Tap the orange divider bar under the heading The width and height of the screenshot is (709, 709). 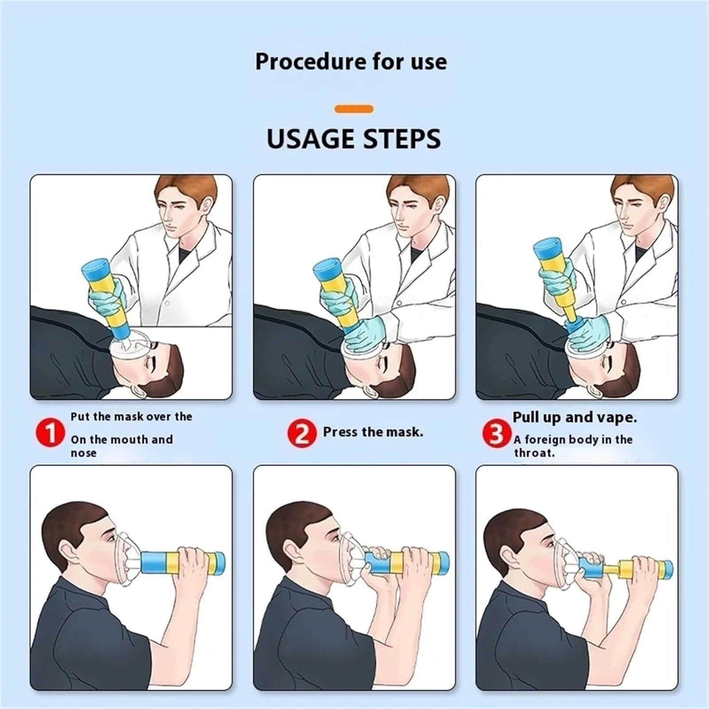point(354,109)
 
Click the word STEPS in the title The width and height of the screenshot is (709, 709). point(402,139)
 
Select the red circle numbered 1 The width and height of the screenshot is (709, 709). point(51,433)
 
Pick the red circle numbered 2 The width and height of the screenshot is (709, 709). point(302,433)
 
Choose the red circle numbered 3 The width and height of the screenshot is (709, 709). point(496,434)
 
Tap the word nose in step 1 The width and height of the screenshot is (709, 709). point(83,453)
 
